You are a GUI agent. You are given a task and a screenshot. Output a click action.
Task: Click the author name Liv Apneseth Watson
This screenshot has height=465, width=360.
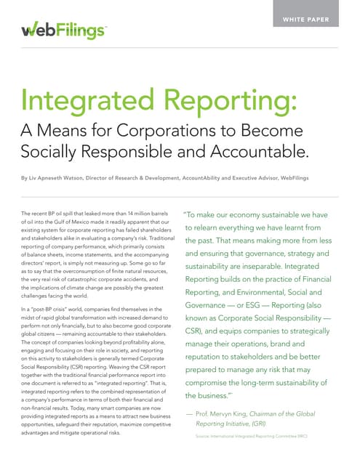[x=64, y=177]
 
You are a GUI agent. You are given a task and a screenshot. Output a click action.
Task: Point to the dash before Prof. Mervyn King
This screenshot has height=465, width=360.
[x=189, y=412]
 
